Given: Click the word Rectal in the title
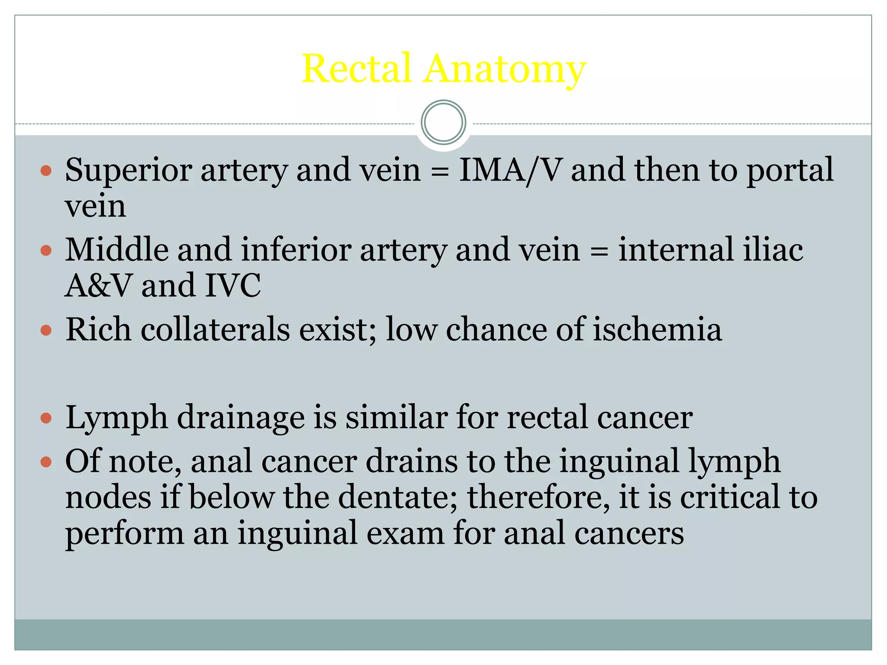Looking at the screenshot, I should [x=356, y=68].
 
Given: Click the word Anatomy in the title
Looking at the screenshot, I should [x=505, y=69].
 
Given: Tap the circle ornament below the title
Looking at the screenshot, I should [x=443, y=123].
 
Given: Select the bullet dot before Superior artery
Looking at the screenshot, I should [x=46, y=170].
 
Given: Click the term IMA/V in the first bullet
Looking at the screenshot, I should [x=511, y=170].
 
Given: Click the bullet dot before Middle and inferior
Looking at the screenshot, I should [x=46, y=250].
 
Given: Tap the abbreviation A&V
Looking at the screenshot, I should [x=98, y=286].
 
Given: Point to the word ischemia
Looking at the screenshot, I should [x=657, y=329].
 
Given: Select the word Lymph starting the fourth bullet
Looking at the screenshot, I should [x=117, y=418].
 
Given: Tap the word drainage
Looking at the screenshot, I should [x=240, y=418].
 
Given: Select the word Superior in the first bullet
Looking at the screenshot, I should [x=129, y=170].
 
